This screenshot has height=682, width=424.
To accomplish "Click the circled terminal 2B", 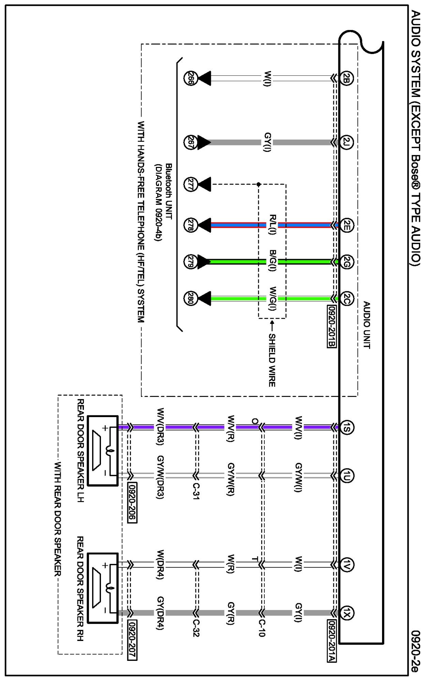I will coord(346,79).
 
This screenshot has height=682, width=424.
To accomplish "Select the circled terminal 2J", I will coord(346,142).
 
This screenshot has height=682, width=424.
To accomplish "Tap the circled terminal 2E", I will coord(346,225).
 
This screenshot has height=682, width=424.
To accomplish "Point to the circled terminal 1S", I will coord(347,427).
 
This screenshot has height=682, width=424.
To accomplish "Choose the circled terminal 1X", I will coord(347,613).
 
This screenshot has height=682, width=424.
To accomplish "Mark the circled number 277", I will coord(190,184).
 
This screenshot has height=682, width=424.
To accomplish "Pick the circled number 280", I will coord(190,298).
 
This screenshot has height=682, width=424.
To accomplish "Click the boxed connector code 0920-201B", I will coord(332,326).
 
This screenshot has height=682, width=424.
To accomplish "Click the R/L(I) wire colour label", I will coord(272,225).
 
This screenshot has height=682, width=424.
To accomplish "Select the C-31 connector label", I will coord(196,491).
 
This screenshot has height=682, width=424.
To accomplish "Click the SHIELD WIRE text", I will coord(272,360).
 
